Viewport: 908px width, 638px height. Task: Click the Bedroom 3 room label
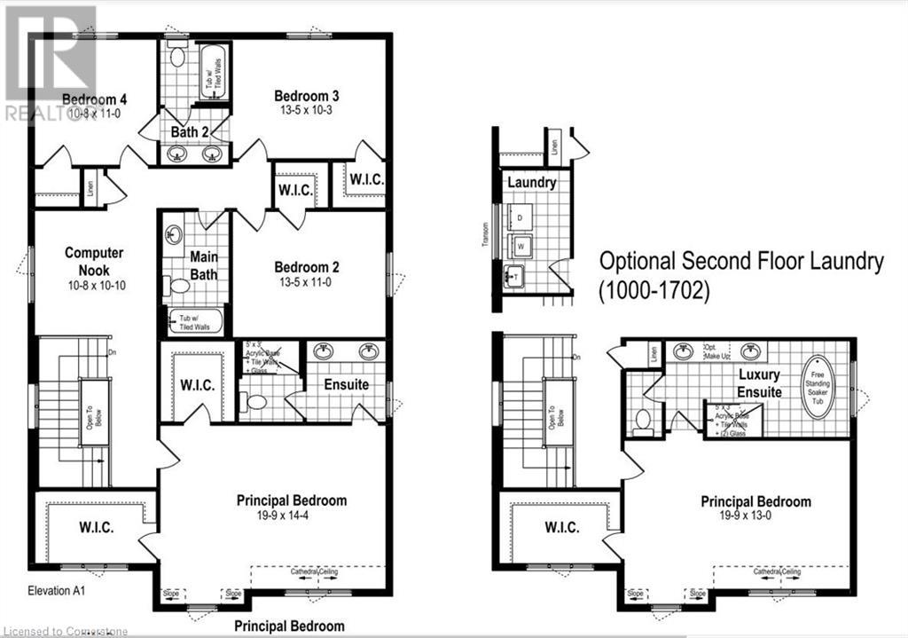tap(307, 96)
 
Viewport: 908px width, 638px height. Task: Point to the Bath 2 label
tap(191, 132)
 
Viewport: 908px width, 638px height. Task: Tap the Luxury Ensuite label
tap(760, 383)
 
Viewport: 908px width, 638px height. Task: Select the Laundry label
tap(532, 183)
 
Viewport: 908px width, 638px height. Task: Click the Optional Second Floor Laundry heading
tap(741, 261)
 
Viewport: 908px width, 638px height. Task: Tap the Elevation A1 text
tap(56, 590)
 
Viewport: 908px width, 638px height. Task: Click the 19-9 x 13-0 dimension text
tap(755, 516)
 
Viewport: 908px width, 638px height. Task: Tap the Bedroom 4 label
tap(89, 99)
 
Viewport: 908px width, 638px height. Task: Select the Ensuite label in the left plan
tap(346, 385)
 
